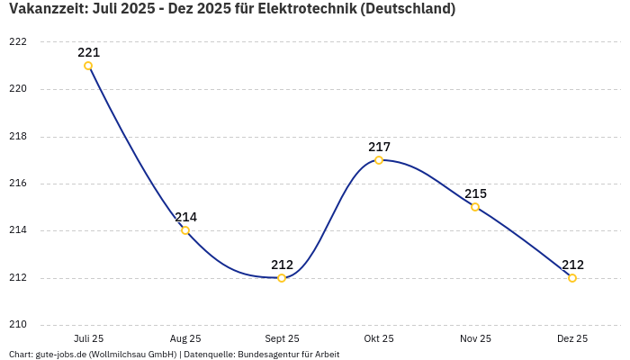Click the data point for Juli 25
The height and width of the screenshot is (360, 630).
88,66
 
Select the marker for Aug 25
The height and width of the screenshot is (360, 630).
185,230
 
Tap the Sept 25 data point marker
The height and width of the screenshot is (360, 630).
282,278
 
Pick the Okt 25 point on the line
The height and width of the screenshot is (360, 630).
379,160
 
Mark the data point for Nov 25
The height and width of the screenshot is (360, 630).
475,207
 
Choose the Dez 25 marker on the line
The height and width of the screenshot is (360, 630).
572,278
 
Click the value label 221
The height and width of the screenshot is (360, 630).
88,52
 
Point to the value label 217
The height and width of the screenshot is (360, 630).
379,147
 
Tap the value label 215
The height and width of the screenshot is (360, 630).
475,193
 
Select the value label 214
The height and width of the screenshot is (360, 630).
185,217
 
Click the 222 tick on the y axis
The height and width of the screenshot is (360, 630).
17,42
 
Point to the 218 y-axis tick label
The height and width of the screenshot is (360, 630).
17,137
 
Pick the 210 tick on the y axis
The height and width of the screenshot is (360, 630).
17,325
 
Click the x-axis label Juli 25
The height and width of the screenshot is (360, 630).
88,338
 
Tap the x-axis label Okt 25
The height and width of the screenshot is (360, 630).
379,338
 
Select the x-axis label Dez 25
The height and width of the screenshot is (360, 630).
572,338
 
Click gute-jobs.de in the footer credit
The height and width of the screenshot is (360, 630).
60,355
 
